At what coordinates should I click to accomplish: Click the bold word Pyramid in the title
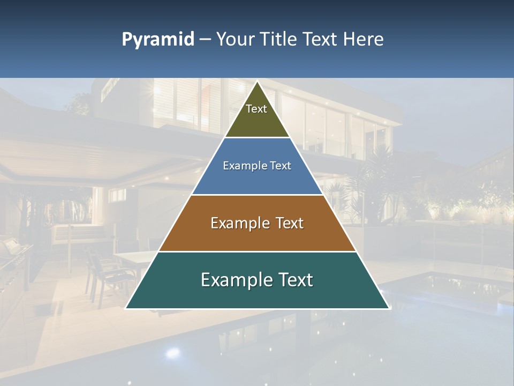click(x=158, y=39)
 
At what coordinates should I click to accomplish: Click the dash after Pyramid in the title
click(x=205, y=40)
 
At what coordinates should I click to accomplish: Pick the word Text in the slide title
click(x=322, y=39)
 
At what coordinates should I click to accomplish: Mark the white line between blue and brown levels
click(x=257, y=195)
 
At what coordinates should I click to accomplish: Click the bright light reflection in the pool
click(x=172, y=352)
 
